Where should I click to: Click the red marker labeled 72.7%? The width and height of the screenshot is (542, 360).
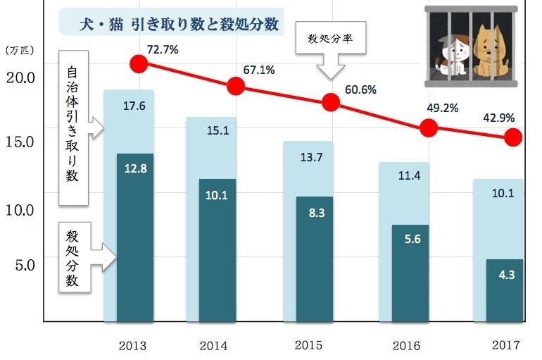139,64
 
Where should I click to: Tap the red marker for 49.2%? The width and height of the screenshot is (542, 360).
429,128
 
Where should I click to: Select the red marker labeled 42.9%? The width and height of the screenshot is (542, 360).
515,137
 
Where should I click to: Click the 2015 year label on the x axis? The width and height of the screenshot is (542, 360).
308,345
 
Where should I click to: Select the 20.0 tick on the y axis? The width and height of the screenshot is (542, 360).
21,76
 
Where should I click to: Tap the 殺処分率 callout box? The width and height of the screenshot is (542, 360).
330,42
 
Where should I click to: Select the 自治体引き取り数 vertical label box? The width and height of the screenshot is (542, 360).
73,127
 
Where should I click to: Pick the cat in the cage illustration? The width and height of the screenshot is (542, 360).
451,53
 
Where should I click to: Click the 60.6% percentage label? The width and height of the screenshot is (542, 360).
360,89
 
